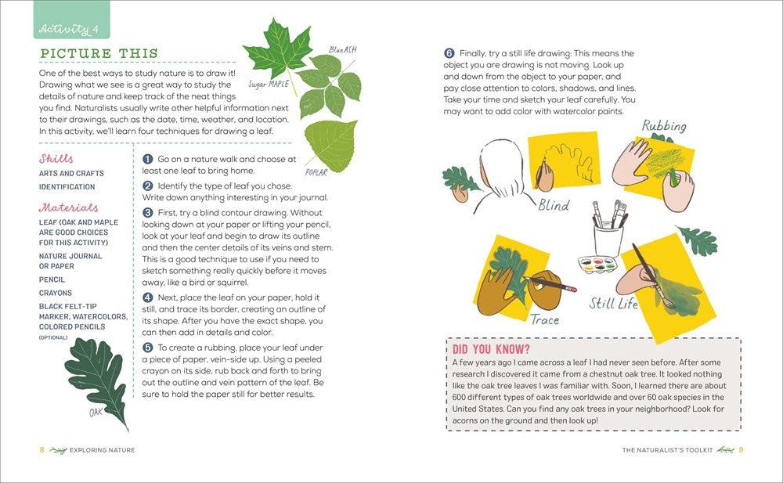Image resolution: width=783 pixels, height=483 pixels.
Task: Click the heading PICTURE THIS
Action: tap(99, 54)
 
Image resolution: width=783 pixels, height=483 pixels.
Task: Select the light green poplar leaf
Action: tap(326, 146)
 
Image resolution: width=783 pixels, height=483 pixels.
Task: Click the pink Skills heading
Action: tap(56, 158)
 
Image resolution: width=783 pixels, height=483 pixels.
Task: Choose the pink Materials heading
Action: tap(69, 207)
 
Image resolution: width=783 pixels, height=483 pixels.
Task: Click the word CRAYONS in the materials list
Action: tap(56, 293)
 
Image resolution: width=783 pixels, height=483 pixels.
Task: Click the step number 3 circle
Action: tap(147, 212)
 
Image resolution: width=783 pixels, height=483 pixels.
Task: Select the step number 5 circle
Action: tap(147, 348)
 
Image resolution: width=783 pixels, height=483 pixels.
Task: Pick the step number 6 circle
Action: tap(449, 53)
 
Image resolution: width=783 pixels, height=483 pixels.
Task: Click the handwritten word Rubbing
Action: tap(664, 126)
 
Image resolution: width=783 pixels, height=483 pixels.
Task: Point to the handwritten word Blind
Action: tap(554, 205)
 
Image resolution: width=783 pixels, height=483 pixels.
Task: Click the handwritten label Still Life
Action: tap(615, 302)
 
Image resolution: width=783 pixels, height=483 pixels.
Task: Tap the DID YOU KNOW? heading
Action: tap(491, 348)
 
